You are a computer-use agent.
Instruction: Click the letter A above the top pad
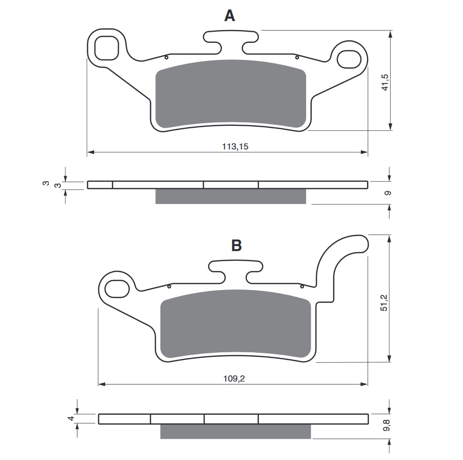click(229, 16)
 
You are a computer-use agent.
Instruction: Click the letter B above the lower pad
click(236, 246)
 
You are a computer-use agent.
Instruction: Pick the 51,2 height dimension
click(385, 301)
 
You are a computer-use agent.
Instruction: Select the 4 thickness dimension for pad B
click(71, 419)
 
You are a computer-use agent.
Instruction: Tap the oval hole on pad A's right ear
click(347, 58)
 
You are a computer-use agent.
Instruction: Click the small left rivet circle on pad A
click(167, 57)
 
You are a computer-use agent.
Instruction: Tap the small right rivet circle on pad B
click(302, 286)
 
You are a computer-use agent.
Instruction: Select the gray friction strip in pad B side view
click(235, 431)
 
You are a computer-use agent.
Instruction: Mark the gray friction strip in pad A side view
click(231, 196)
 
